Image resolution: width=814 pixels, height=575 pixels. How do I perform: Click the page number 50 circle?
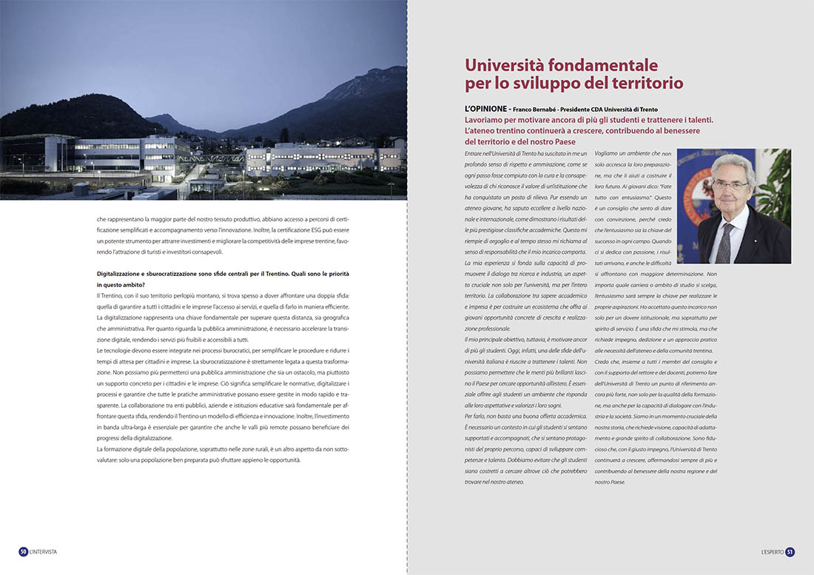[x=24, y=551]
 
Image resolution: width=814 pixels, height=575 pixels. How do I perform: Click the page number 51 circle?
[x=790, y=551]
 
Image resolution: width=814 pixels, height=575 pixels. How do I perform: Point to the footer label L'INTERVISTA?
[x=44, y=551]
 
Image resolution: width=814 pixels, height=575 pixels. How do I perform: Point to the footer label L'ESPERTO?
[x=771, y=551]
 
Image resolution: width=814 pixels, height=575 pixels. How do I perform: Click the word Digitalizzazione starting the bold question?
[x=121, y=274]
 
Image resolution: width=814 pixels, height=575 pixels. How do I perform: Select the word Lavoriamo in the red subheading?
[x=487, y=120]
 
